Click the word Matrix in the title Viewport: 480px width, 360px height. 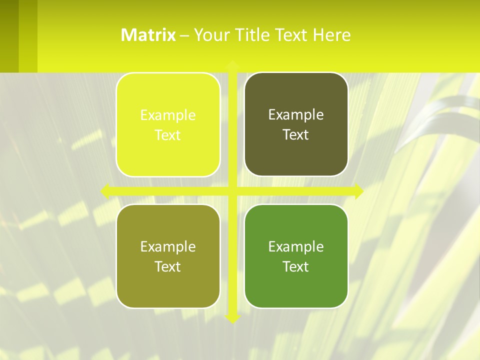[x=148, y=34]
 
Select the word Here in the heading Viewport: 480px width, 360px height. [x=331, y=34]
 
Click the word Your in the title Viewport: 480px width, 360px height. [x=209, y=34]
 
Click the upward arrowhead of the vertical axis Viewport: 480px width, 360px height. [x=232, y=65]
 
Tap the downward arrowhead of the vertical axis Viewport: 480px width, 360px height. [x=232, y=318]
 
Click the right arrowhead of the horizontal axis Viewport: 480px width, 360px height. [x=358, y=191]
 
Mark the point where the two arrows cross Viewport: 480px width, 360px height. [x=232, y=191]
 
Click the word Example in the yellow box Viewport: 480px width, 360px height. [x=168, y=115]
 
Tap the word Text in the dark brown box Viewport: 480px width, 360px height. [x=296, y=135]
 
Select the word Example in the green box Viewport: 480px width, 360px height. [x=296, y=246]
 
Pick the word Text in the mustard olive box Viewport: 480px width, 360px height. [x=168, y=266]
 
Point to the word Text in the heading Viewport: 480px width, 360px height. [x=292, y=34]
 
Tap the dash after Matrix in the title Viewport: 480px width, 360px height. [x=184, y=35]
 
